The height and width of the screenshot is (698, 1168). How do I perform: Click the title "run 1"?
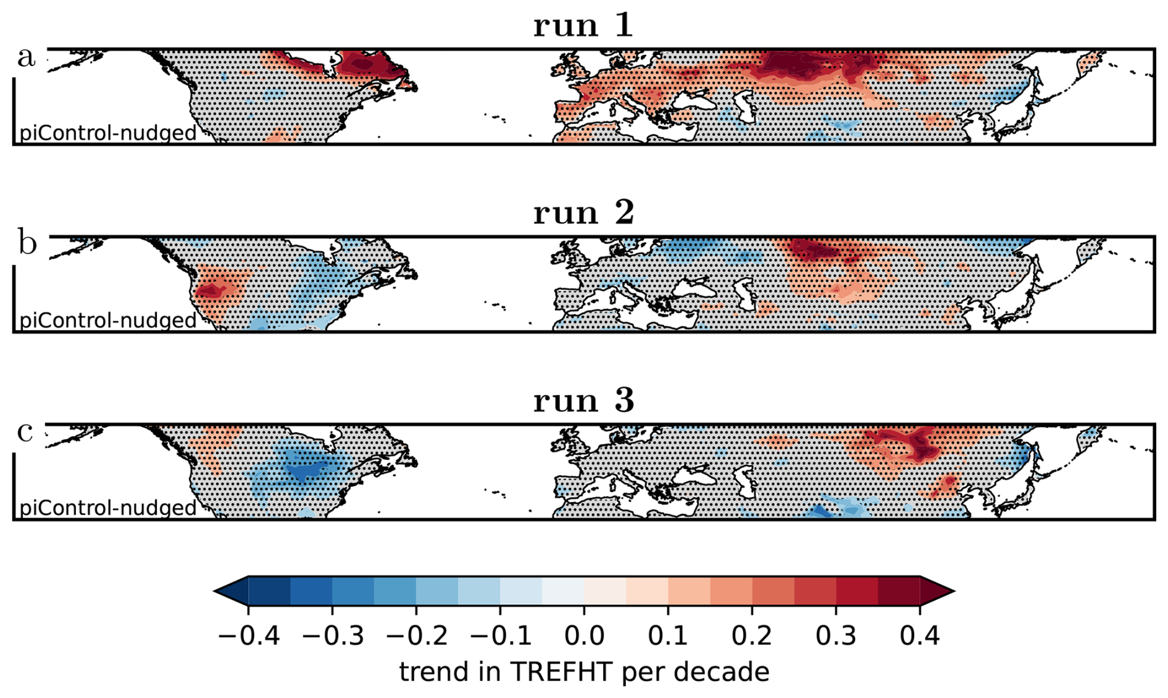click(x=583, y=26)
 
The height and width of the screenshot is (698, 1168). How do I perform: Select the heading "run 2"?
click(x=583, y=213)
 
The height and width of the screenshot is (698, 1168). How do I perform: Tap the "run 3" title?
click(x=583, y=400)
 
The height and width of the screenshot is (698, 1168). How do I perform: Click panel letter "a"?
click(x=26, y=57)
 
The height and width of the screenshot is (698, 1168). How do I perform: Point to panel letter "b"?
click(x=27, y=244)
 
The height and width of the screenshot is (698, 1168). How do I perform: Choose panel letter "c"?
click(x=25, y=432)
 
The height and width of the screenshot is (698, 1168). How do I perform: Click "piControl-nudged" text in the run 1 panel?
click(x=108, y=133)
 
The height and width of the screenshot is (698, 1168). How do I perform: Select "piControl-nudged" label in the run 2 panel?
click(x=108, y=321)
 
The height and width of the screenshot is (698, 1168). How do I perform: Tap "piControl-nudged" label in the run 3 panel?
click(x=108, y=508)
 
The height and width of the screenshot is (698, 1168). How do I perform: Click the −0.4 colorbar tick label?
click(x=249, y=636)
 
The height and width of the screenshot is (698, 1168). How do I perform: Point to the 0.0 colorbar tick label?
click(x=584, y=636)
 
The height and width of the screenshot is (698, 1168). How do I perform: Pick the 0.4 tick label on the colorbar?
click(x=919, y=636)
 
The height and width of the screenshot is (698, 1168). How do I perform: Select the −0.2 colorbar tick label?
click(x=416, y=636)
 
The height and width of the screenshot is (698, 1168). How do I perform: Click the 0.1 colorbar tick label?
click(x=668, y=636)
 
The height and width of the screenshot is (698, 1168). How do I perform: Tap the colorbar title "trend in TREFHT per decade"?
click(x=584, y=671)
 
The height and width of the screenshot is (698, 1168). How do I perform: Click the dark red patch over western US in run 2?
click(x=211, y=290)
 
